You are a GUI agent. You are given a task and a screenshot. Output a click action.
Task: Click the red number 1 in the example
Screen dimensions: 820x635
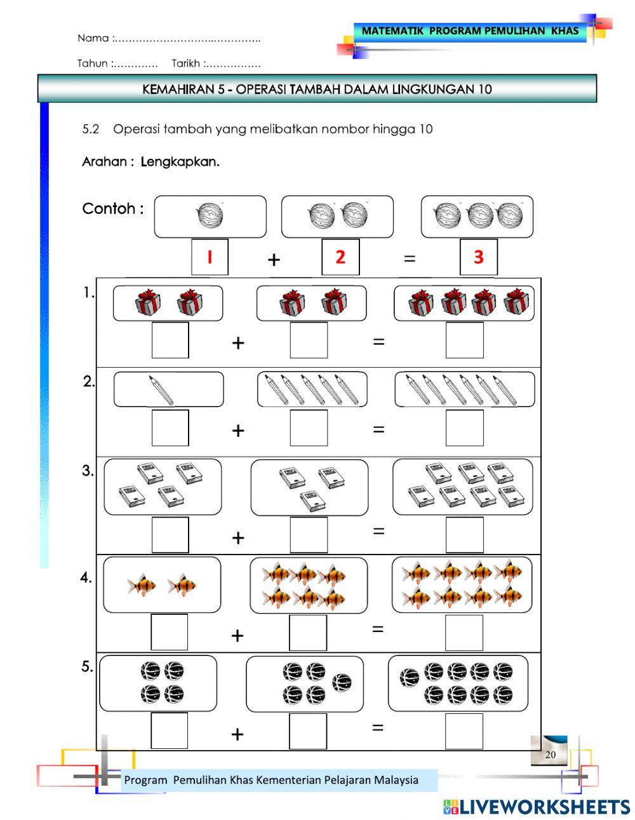209,257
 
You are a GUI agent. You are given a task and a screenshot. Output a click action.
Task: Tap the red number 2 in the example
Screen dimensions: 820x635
340,257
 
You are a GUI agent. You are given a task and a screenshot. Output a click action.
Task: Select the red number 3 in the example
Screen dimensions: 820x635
478,257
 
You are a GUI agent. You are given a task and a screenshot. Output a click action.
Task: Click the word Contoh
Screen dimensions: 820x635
109,208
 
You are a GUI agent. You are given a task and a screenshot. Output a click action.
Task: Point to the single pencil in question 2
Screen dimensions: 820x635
161,389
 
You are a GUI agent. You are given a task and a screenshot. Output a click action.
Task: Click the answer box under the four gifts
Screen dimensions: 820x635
464,340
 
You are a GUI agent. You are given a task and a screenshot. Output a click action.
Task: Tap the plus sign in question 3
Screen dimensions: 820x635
238,537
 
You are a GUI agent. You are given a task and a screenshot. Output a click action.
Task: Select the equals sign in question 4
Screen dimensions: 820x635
378,629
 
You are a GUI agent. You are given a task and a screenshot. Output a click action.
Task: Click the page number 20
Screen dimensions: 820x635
550,755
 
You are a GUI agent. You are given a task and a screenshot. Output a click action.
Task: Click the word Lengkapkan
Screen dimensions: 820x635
180,161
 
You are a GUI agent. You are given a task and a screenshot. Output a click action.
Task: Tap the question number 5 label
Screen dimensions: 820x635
87,667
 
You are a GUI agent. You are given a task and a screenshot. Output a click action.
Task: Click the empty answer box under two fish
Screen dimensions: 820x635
170,632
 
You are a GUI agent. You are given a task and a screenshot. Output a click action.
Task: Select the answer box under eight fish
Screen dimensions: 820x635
464,633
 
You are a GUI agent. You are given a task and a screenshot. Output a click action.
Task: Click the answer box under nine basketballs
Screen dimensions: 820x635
464,731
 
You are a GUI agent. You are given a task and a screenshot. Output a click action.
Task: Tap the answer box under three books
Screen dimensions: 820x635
309,535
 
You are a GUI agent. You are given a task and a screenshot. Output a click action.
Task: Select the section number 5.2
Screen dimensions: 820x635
91,129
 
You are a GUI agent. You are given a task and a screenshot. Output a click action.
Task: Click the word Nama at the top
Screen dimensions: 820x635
93,38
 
